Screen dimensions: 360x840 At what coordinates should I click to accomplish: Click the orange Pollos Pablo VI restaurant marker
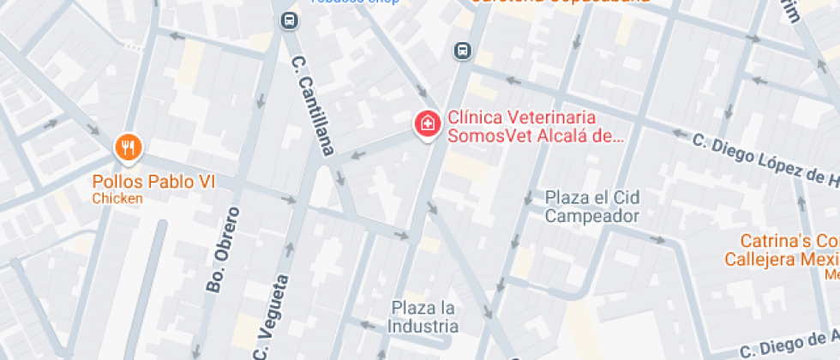127,148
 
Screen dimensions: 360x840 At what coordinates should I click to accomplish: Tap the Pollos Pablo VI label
153,182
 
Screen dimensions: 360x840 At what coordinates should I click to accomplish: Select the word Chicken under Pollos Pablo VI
117,199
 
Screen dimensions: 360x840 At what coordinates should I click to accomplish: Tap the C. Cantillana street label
311,107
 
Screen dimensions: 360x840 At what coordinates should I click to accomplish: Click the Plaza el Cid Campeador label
592,207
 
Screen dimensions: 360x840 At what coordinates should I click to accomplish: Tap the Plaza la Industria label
423,316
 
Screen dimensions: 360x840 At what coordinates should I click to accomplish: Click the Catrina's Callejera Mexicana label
789,250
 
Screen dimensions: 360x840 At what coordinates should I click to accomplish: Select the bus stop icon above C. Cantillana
289,20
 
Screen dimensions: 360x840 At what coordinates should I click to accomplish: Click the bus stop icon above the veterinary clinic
463,51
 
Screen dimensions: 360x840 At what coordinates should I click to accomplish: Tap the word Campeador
592,216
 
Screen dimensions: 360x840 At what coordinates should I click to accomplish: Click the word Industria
423,326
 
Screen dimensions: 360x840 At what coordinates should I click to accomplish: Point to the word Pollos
119,182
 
